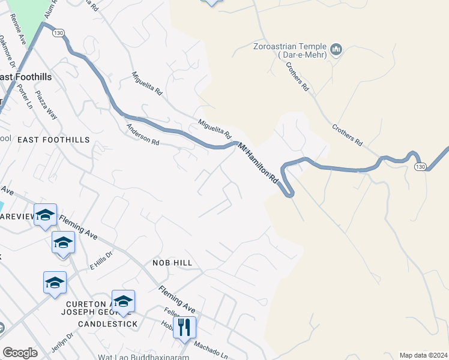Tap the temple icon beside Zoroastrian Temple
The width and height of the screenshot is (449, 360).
pyautogui.click(x=336, y=48)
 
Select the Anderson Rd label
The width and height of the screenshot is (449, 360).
pyautogui.click(x=142, y=135)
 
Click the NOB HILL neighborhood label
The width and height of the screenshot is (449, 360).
pyautogui.click(x=172, y=263)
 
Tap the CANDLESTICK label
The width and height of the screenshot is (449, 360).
pyautogui.click(x=107, y=324)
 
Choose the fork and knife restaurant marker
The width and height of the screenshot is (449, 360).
pyautogui.click(x=185, y=327)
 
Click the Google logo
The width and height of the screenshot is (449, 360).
pyautogui.click(x=20, y=353)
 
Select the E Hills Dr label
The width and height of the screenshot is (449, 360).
pyautogui.click(x=101, y=260)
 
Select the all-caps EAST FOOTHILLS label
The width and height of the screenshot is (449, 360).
pyautogui.click(x=53, y=140)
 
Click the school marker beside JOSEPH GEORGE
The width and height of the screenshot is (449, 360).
pyautogui.click(x=123, y=301)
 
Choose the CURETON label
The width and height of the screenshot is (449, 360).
pyautogui.click(x=83, y=305)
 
